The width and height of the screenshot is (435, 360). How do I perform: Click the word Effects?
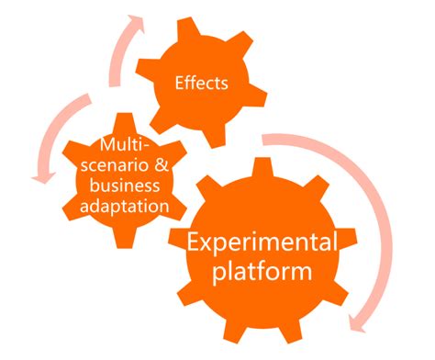202,84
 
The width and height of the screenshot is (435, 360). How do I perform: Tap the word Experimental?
262,244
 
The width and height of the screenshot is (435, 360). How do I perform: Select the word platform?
262,274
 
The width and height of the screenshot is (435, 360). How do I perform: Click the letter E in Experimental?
195,244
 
